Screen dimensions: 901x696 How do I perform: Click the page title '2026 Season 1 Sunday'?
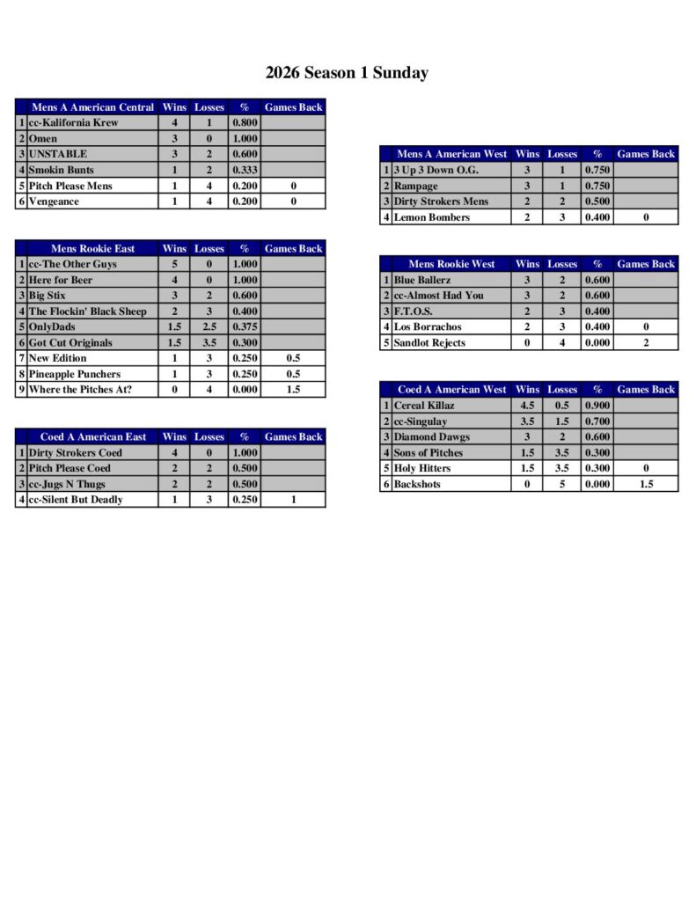pos(347,73)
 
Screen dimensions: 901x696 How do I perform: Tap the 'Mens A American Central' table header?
pos(92,107)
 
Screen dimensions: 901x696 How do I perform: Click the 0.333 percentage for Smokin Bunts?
pos(244,170)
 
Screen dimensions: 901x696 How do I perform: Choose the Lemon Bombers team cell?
pos(431,217)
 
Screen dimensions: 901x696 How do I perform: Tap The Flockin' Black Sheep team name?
pos(87,311)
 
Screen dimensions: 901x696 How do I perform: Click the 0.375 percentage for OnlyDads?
pos(244,327)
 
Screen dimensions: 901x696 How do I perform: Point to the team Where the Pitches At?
pos(80,390)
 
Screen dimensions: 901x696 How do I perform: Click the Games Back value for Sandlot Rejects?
pos(645,343)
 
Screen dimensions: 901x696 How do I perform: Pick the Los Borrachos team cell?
pos(428,327)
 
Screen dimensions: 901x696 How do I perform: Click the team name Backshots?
pos(417,484)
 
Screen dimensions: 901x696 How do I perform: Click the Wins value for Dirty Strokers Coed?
pos(174,452)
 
